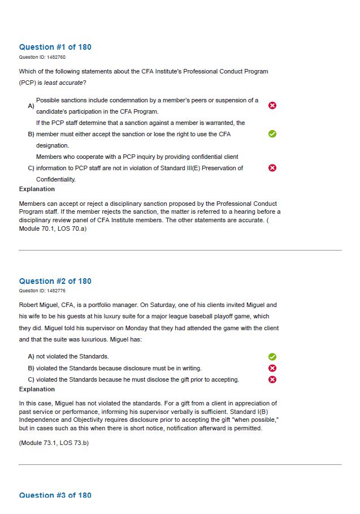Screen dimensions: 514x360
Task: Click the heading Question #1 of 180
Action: [x=55, y=47]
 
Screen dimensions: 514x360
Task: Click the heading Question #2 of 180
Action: [x=55, y=281]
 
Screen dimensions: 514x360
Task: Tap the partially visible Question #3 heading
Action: [x=55, y=495]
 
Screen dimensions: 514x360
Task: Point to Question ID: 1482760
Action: [x=42, y=57]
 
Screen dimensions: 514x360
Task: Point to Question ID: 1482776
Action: [x=42, y=291]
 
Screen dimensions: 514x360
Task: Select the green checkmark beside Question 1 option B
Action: [x=272, y=134]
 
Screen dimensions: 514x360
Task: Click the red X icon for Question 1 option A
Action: [x=272, y=106]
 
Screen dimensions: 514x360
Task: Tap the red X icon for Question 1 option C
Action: [x=272, y=168]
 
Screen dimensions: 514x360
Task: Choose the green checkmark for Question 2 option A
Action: [x=272, y=357]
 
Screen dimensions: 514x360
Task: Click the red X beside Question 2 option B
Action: [x=272, y=368]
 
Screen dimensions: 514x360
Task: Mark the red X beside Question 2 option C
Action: [x=272, y=379]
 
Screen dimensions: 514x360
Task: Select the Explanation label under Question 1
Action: [x=37, y=189]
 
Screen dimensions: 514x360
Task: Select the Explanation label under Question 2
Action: [x=37, y=389]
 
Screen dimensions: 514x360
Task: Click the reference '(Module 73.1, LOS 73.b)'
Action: [x=54, y=443]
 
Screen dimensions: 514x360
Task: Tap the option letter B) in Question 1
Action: [x=31, y=134]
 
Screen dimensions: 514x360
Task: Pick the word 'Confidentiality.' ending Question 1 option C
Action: [x=56, y=179]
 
